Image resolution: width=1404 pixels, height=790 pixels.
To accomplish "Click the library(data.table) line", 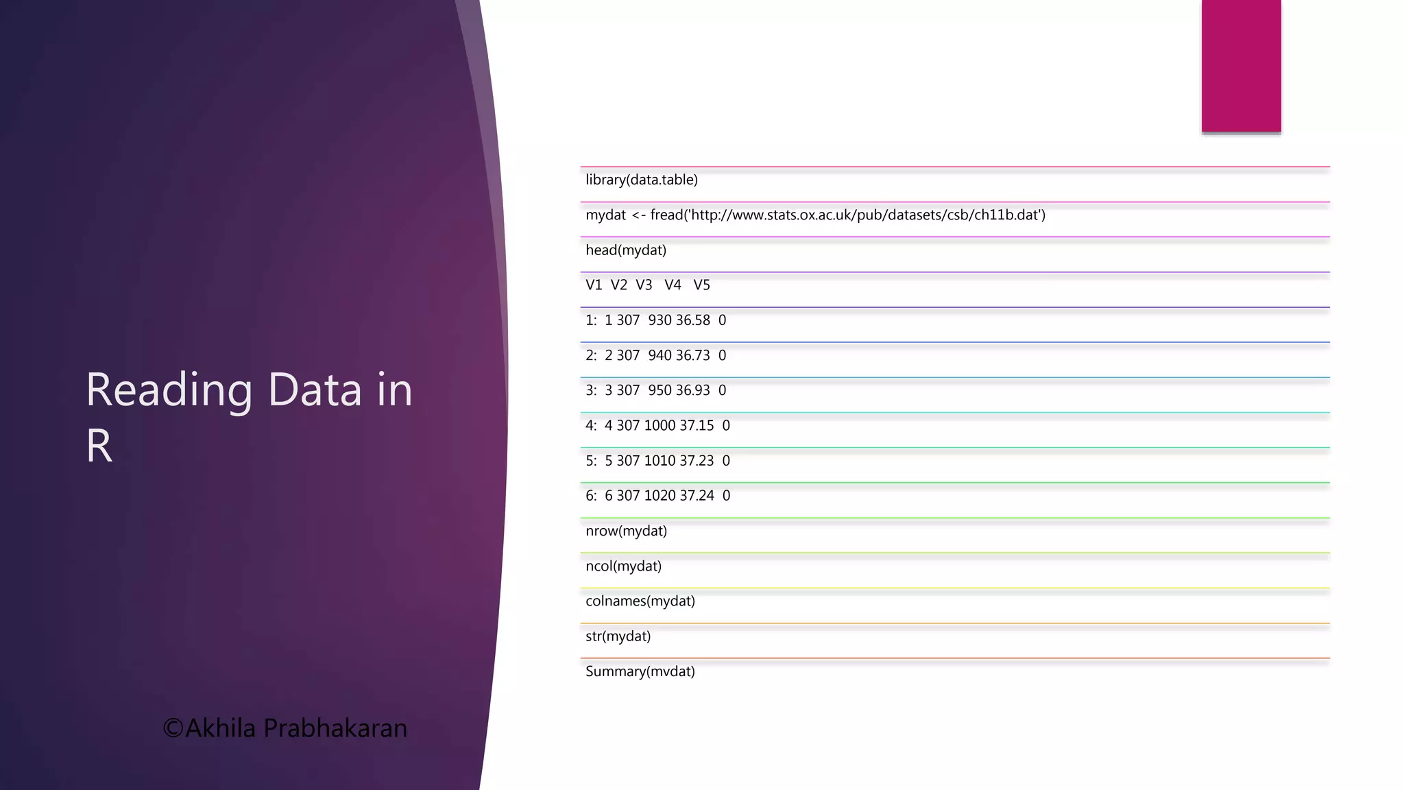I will [x=641, y=180].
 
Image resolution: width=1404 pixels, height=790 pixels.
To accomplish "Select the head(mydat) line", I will [x=625, y=250].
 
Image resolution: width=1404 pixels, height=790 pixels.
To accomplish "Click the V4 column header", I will [x=673, y=285].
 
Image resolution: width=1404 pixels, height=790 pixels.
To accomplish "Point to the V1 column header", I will [x=593, y=285].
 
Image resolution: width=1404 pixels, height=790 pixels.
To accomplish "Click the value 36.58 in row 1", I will [x=692, y=320].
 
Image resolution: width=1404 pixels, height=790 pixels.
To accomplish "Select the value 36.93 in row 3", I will [x=692, y=390].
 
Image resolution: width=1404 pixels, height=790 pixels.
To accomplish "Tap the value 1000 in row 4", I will [x=659, y=426].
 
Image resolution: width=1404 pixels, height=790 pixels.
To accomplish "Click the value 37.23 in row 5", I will [x=697, y=461].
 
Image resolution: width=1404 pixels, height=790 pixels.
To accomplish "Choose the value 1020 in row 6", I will [x=659, y=496].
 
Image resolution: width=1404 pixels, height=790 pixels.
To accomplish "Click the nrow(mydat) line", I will [x=626, y=531].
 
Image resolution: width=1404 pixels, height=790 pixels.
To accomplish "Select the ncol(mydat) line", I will [x=623, y=566].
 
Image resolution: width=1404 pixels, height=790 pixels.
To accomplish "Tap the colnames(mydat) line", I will [x=640, y=601].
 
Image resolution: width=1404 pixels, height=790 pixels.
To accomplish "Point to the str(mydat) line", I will [x=618, y=636].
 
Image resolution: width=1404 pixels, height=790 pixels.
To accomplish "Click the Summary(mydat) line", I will [x=640, y=671].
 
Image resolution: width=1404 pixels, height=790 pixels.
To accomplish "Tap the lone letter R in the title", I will [x=99, y=446].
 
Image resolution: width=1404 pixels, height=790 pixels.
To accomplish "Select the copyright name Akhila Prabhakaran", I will [x=295, y=728].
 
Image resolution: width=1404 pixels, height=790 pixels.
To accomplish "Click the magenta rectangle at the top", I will [x=1241, y=66].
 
